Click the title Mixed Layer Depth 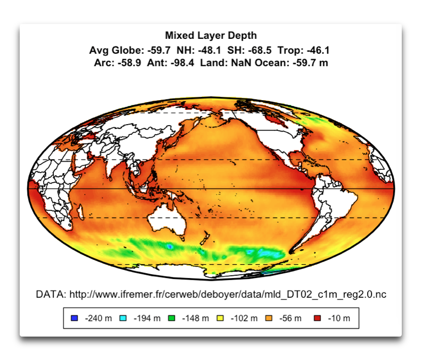[211, 36]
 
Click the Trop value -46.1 [317, 51]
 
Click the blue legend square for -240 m [75, 318]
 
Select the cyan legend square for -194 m [123, 318]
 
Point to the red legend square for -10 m [317, 318]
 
